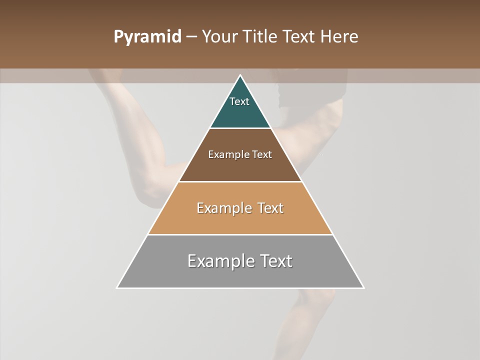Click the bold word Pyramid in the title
point(147,37)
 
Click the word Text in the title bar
point(301,37)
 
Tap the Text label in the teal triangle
point(239,101)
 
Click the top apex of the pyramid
point(240,75)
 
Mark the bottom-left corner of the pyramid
point(117,287)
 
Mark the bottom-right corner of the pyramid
point(363,287)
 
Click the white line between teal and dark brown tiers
point(240,128)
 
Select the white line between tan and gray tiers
point(240,234)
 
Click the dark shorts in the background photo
point(310,90)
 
